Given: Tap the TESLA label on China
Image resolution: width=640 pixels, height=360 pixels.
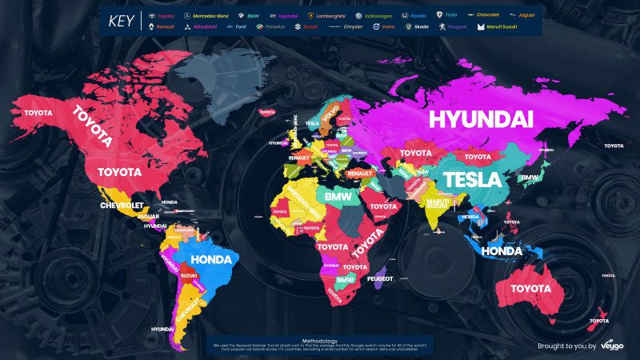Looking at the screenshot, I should [x=471, y=178].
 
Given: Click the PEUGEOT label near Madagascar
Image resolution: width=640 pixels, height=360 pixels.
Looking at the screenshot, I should [x=380, y=278].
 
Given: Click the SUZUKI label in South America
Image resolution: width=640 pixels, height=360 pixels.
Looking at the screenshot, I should [x=190, y=275].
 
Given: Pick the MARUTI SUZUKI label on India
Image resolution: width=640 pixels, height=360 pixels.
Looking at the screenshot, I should [x=437, y=204].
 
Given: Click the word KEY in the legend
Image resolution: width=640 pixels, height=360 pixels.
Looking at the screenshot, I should [x=122, y=21].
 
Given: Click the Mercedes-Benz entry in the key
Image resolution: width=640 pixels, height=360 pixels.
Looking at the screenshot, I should [x=206, y=15].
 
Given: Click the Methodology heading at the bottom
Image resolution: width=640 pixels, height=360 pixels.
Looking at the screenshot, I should [x=320, y=339].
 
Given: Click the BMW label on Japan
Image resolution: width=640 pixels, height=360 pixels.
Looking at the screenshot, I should [x=530, y=177].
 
